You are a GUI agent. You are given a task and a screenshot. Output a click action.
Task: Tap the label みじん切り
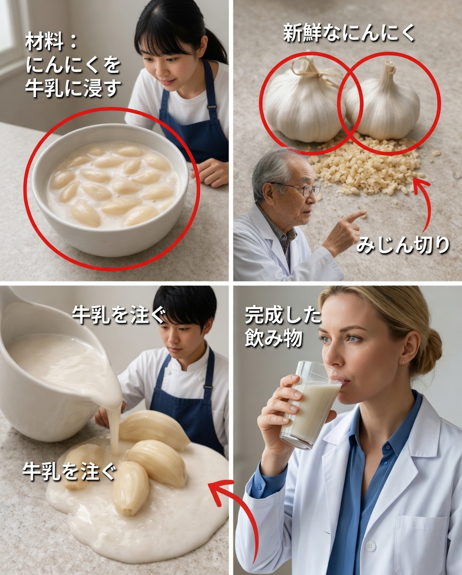pyautogui.click(x=402, y=244)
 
